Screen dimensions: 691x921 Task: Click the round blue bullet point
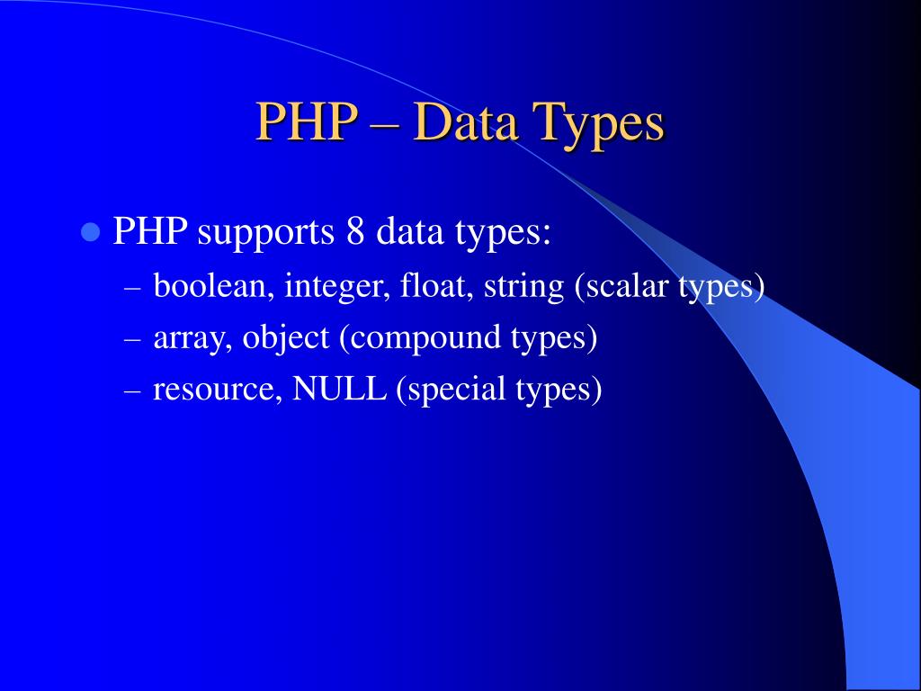[89, 232]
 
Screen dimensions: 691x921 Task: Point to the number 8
[353, 232]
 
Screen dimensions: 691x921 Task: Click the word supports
[265, 234]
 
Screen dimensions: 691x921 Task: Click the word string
[523, 288]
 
